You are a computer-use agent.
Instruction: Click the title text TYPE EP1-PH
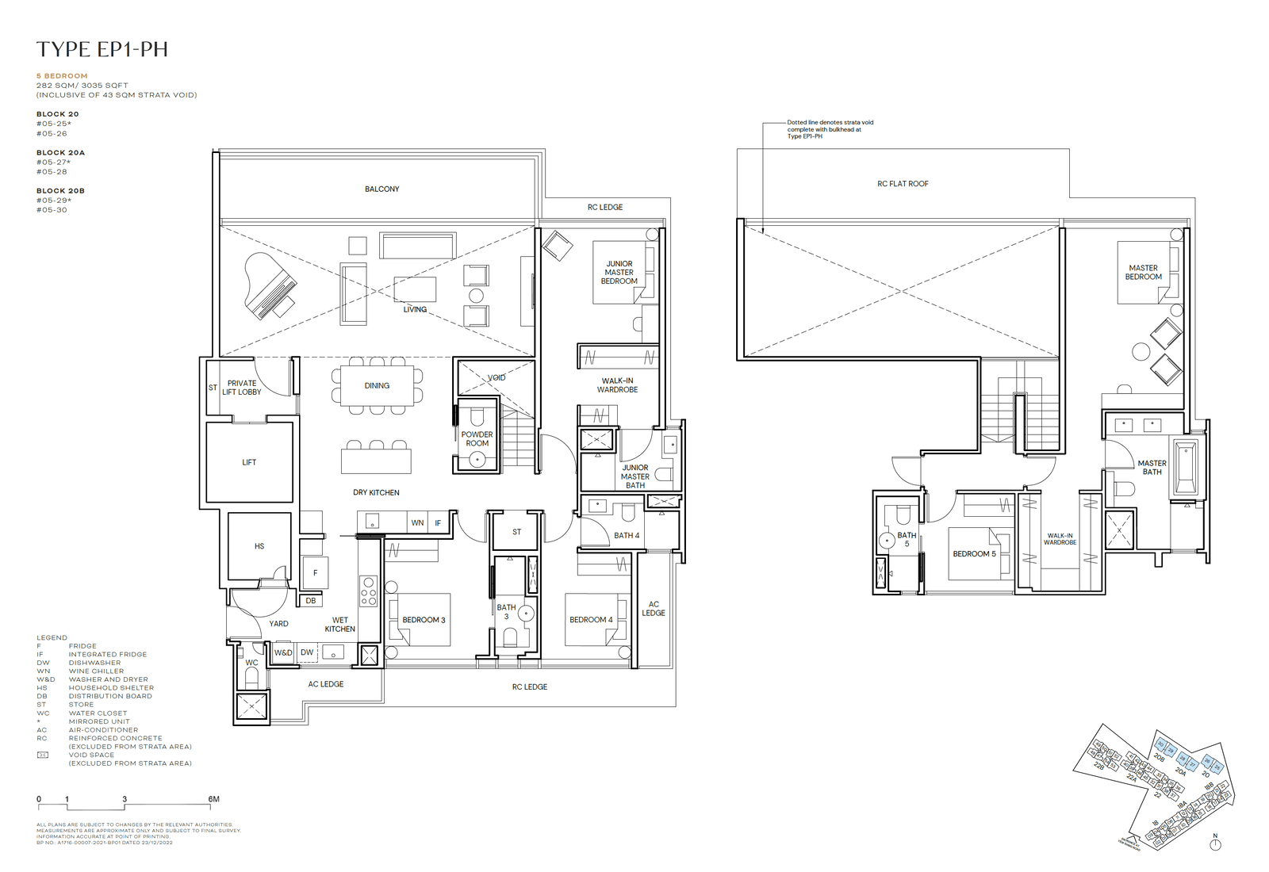pyautogui.click(x=102, y=49)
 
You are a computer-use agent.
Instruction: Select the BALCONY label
pyautogui.click(x=381, y=189)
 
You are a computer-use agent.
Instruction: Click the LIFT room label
pyautogui.click(x=249, y=462)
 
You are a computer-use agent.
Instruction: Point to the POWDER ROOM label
pyautogui.click(x=477, y=439)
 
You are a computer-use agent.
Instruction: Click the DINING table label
pyautogui.click(x=377, y=386)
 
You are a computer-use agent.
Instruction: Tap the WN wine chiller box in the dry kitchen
pyautogui.click(x=417, y=523)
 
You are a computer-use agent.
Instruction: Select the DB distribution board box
pyautogui.click(x=311, y=601)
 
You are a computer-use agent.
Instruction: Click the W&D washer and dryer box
pyautogui.click(x=283, y=652)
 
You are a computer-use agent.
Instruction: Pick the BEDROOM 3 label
pyautogui.click(x=424, y=620)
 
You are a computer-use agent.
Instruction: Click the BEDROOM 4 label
pyautogui.click(x=591, y=620)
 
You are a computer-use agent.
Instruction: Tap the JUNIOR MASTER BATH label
pyautogui.click(x=634, y=476)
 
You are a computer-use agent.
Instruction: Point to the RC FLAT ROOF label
pyautogui.click(x=903, y=184)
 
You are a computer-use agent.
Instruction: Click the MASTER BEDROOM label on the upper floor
pyautogui.click(x=1143, y=273)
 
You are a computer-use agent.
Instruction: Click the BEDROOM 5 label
pyautogui.click(x=974, y=554)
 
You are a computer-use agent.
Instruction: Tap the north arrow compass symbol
pyautogui.click(x=1215, y=844)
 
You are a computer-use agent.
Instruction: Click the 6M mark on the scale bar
pyautogui.click(x=213, y=800)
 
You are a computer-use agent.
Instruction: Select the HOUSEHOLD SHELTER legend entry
pyautogui.click(x=111, y=688)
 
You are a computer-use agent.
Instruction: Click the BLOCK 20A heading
pyautogui.click(x=60, y=153)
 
